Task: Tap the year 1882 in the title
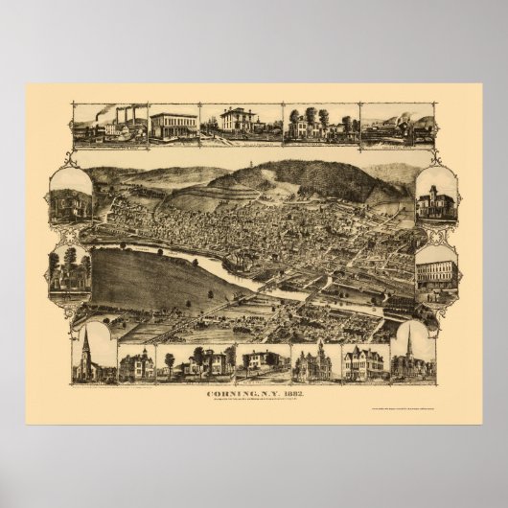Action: click(290, 392)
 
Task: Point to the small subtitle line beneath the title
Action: click(253, 401)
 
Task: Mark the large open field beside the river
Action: click(144, 278)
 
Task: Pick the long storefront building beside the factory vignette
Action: click(173, 126)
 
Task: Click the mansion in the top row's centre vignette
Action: click(239, 122)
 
